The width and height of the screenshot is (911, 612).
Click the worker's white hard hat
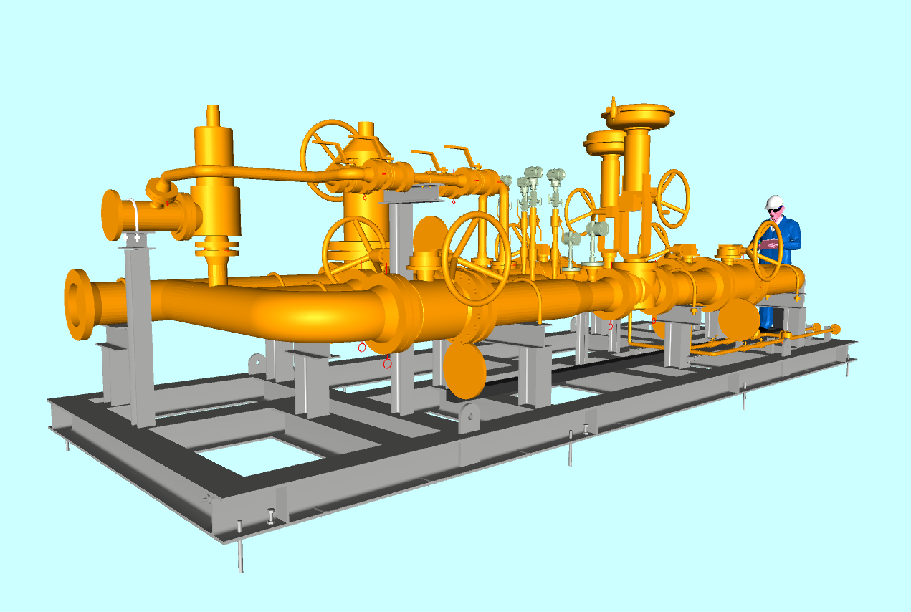tap(773, 202)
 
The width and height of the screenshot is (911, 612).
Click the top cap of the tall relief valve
tap(213, 115)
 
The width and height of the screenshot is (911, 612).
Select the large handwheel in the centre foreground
tap(476, 258)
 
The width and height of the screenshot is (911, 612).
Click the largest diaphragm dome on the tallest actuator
tap(639, 115)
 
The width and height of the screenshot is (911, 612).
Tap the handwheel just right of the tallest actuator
tap(672, 198)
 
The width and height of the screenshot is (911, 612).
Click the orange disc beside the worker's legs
tap(739, 320)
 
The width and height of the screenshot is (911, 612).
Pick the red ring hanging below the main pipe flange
tap(388, 363)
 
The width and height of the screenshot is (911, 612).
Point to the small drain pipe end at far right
tap(834, 329)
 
